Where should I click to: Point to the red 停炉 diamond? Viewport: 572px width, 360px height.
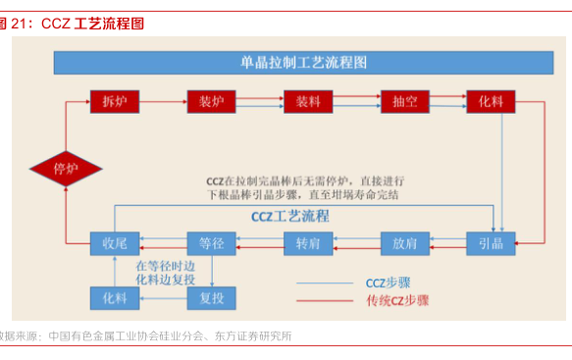tap(66, 168)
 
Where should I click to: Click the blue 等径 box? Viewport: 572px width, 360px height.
tap(212, 242)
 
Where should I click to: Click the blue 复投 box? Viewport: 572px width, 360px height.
tap(212, 296)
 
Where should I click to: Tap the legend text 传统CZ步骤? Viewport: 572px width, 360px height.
tap(396, 300)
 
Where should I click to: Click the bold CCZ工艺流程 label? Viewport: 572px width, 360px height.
tap(290, 216)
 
